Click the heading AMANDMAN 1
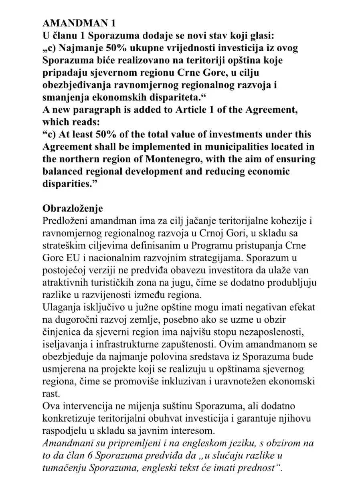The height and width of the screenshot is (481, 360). pyautogui.click(x=74, y=23)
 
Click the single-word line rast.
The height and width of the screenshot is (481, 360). pyautogui.click(x=51, y=393)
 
